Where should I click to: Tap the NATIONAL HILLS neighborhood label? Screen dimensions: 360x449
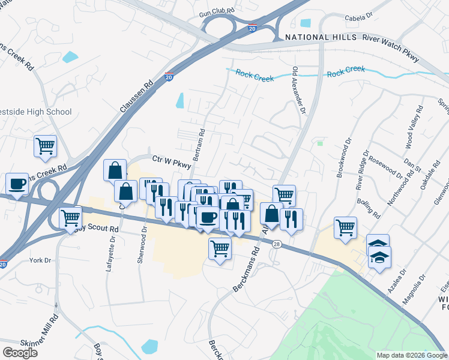tap(316, 37)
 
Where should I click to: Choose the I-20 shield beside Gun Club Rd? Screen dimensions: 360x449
tap(252, 28)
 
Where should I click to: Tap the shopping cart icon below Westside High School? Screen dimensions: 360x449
tap(46, 146)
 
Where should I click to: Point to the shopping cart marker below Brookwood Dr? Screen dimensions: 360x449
tap(346, 228)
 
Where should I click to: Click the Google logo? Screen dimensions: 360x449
tap(20, 353)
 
